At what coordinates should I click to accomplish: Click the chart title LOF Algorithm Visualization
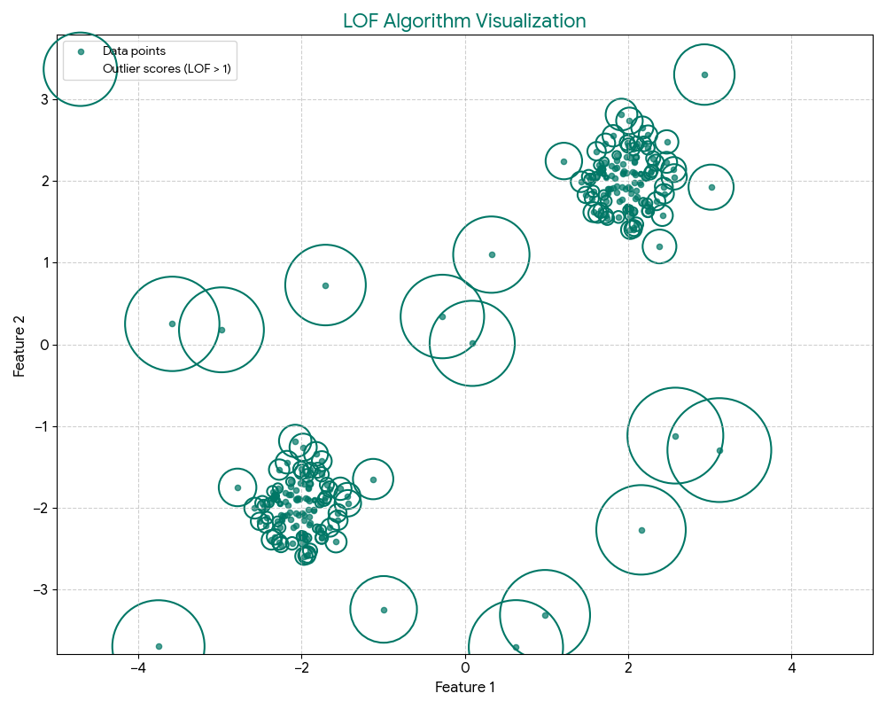coord(464,21)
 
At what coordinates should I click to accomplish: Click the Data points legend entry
coord(134,51)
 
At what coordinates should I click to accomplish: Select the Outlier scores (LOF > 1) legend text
coord(168,68)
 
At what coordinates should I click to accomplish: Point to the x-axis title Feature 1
coord(464,687)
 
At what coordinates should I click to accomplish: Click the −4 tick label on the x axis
coord(138,666)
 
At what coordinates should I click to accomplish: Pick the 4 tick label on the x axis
coord(791,666)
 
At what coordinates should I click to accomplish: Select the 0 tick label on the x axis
coord(465,666)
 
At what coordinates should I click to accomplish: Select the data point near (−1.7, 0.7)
coord(325,285)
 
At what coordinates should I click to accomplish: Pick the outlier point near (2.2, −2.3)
coord(641,530)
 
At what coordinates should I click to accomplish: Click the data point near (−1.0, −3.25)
coord(384,610)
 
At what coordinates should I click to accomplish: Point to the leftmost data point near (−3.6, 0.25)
coord(172,323)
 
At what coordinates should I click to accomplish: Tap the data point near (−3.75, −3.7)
coord(159,646)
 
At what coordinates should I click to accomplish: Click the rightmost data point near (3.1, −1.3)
coord(719,450)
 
